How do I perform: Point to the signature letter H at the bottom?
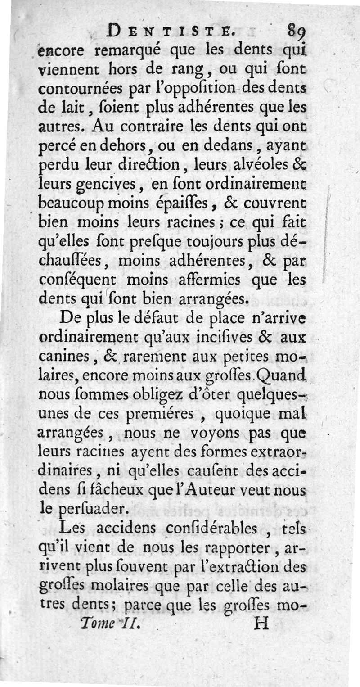tap(261, 624)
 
